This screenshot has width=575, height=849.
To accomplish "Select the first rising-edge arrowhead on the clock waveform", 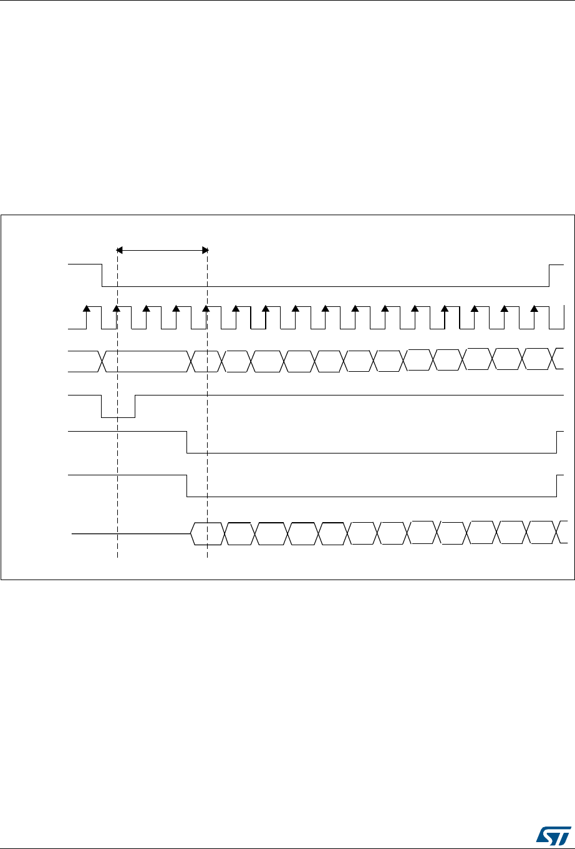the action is [x=87, y=308].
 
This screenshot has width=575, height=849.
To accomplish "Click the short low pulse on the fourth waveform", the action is [x=118, y=417].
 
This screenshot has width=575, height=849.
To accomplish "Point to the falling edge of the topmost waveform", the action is [x=102, y=276].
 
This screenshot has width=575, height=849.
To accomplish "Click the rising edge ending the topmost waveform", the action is [x=549, y=276].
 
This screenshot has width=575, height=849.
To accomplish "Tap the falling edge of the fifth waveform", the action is [x=188, y=442].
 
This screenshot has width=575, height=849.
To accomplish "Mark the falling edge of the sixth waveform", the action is [x=188, y=485].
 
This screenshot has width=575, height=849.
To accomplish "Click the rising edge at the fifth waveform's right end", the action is [x=556, y=442].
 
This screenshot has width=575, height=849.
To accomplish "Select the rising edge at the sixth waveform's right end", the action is [x=556, y=485].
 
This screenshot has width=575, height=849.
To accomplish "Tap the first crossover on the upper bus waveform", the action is [x=102, y=361].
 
